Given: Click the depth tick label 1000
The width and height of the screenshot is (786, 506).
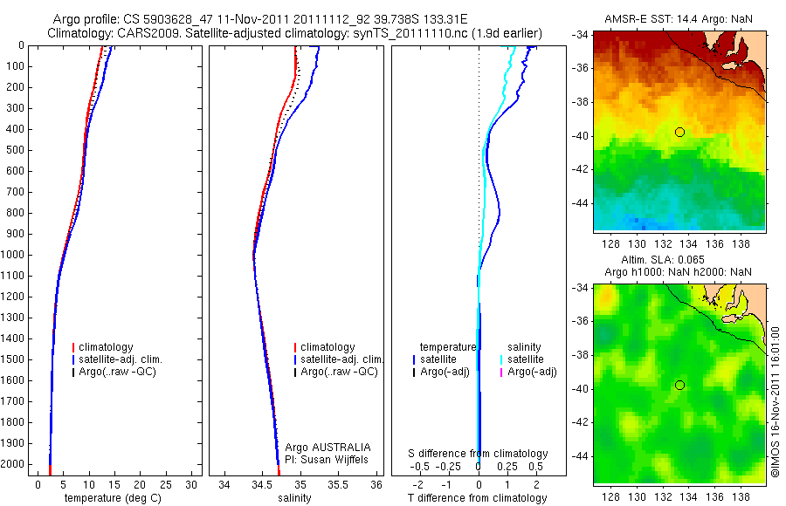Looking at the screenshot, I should click(x=14, y=255).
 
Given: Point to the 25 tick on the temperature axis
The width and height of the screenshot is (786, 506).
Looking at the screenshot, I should click(x=166, y=483).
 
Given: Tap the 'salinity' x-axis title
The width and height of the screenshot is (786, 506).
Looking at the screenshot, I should click(x=294, y=498).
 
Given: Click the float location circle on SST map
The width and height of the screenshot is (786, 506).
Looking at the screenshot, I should click(x=679, y=132).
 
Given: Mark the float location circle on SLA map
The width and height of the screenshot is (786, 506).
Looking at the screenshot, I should click(x=679, y=385).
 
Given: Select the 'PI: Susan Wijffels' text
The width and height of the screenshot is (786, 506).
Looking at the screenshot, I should click(x=327, y=459).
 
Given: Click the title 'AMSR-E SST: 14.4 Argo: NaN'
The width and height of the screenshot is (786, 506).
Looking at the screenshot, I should click(x=679, y=18).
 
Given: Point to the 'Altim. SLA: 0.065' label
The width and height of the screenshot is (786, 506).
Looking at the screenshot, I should click(x=679, y=260).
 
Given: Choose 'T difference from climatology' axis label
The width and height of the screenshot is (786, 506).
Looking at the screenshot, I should click(x=478, y=498).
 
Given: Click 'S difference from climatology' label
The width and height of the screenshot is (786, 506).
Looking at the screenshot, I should click(x=479, y=454).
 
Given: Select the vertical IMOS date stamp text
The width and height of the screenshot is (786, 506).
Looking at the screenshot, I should click(x=775, y=401).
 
